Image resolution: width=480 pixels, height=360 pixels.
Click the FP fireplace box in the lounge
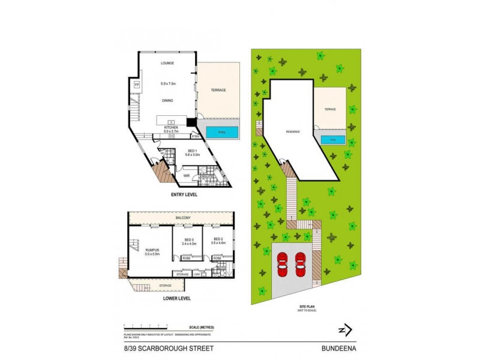pos(136,85)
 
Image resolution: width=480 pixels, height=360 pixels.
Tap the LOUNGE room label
pos(167,63)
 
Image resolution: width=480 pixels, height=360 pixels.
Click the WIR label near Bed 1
pos(187,176)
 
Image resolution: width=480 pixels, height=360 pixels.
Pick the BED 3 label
pos(188,239)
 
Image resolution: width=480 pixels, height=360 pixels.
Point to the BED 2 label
pos(218,239)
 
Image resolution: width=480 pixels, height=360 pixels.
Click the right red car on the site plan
pos(301,262)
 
